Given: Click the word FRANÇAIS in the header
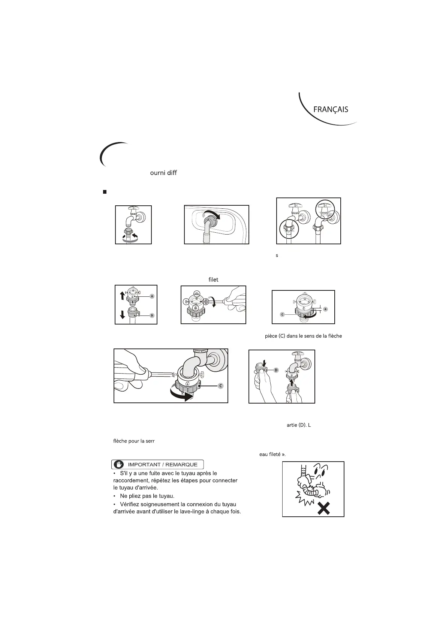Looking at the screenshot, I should (331, 109).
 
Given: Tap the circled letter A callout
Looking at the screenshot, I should (152, 296).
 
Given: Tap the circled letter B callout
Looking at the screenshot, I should (152, 315).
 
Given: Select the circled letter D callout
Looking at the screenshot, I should (276, 370).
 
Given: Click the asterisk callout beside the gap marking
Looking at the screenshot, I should (326, 309).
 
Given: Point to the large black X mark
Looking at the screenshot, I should (323, 508).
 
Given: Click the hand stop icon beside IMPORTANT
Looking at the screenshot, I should (119, 465).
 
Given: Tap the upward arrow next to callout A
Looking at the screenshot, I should (122, 296).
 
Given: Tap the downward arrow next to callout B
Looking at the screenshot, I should (122, 314).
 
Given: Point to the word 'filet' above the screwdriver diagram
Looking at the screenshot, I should (213, 280).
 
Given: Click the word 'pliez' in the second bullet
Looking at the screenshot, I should (138, 496).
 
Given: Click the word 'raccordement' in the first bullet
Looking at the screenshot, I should (132, 480).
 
